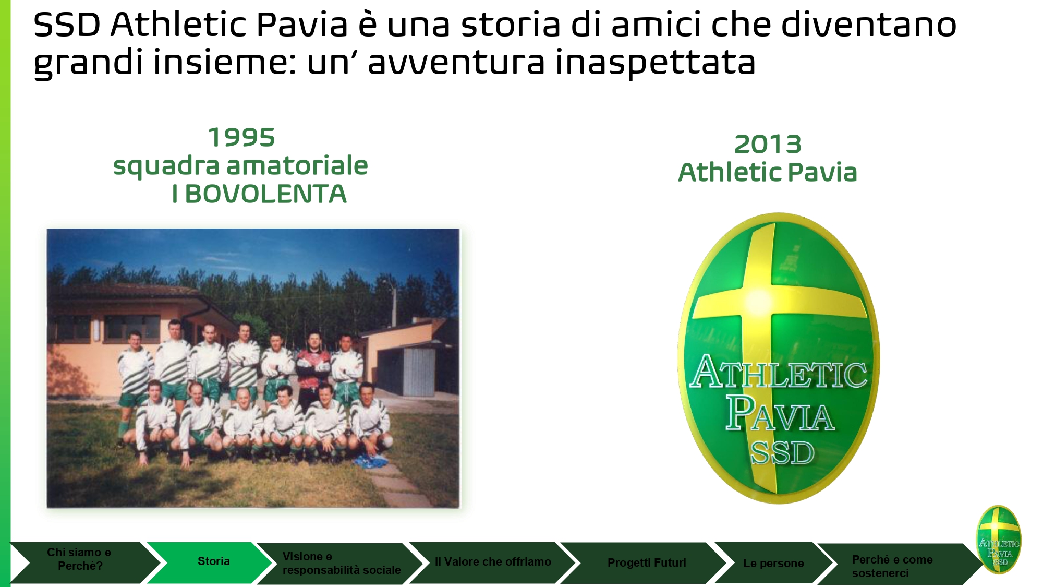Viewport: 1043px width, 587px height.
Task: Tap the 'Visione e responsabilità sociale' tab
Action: click(x=339, y=563)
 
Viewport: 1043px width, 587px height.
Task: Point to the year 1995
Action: click(x=241, y=138)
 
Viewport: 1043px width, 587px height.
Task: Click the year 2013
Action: click(x=768, y=145)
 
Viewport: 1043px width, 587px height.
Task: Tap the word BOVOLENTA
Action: click(x=266, y=194)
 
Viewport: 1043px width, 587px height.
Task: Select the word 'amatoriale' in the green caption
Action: click(x=297, y=166)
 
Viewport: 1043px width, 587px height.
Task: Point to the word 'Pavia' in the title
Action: click(x=302, y=25)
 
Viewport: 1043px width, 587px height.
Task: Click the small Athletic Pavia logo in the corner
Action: click(x=998, y=539)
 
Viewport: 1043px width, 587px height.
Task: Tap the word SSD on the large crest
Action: click(x=782, y=453)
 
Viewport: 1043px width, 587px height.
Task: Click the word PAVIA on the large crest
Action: click(x=780, y=413)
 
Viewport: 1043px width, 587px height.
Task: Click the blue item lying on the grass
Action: click(x=371, y=461)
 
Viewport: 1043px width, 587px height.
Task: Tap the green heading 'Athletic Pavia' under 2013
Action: click(x=768, y=173)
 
